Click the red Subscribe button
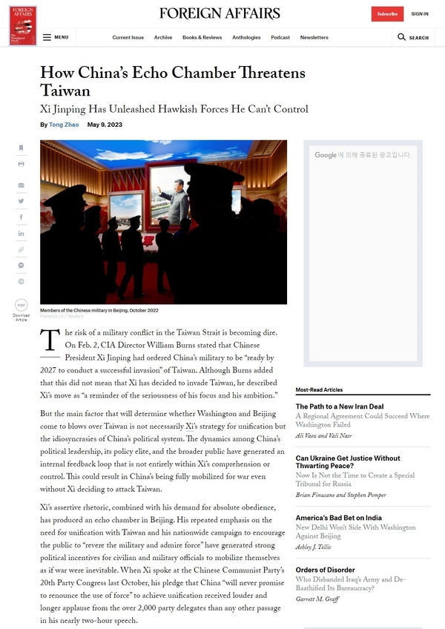(x=387, y=14)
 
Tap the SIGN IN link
(x=420, y=14)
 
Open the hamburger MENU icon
(x=47, y=37)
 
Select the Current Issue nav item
(x=128, y=37)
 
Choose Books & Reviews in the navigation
(x=202, y=37)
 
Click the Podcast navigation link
(x=280, y=37)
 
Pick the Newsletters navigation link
(x=314, y=37)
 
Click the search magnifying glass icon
(x=401, y=37)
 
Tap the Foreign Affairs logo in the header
(x=220, y=13)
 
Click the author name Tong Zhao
(x=64, y=125)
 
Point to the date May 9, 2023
(x=105, y=125)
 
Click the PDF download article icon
(x=22, y=305)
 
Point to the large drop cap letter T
(x=50, y=340)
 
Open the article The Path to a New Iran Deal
(x=340, y=406)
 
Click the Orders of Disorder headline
(x=325, y=570)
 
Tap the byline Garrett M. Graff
(x=317, y=599)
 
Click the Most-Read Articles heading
(x=319, y=389)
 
